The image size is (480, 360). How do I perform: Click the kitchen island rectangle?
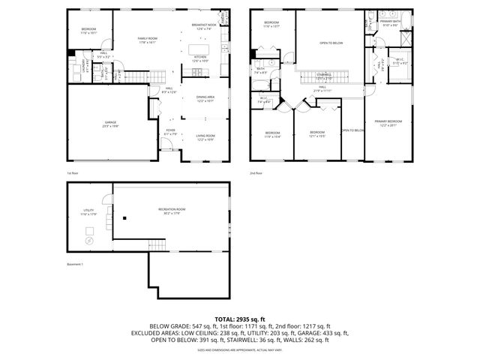200,72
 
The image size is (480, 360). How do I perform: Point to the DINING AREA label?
205,98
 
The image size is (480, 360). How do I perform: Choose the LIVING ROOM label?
205,136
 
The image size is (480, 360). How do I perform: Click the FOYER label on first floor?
171,132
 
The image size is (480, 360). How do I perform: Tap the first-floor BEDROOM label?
88,30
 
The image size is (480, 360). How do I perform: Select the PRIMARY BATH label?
391,23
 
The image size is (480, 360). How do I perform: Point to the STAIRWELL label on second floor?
324,76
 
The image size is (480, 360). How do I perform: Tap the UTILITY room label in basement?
88,213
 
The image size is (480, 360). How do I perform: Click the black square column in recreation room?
124,219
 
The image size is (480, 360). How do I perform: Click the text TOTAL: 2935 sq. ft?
239,319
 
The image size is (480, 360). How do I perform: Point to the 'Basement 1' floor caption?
76,264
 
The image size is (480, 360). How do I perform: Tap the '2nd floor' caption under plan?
257,172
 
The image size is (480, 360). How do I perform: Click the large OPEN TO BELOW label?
331,43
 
